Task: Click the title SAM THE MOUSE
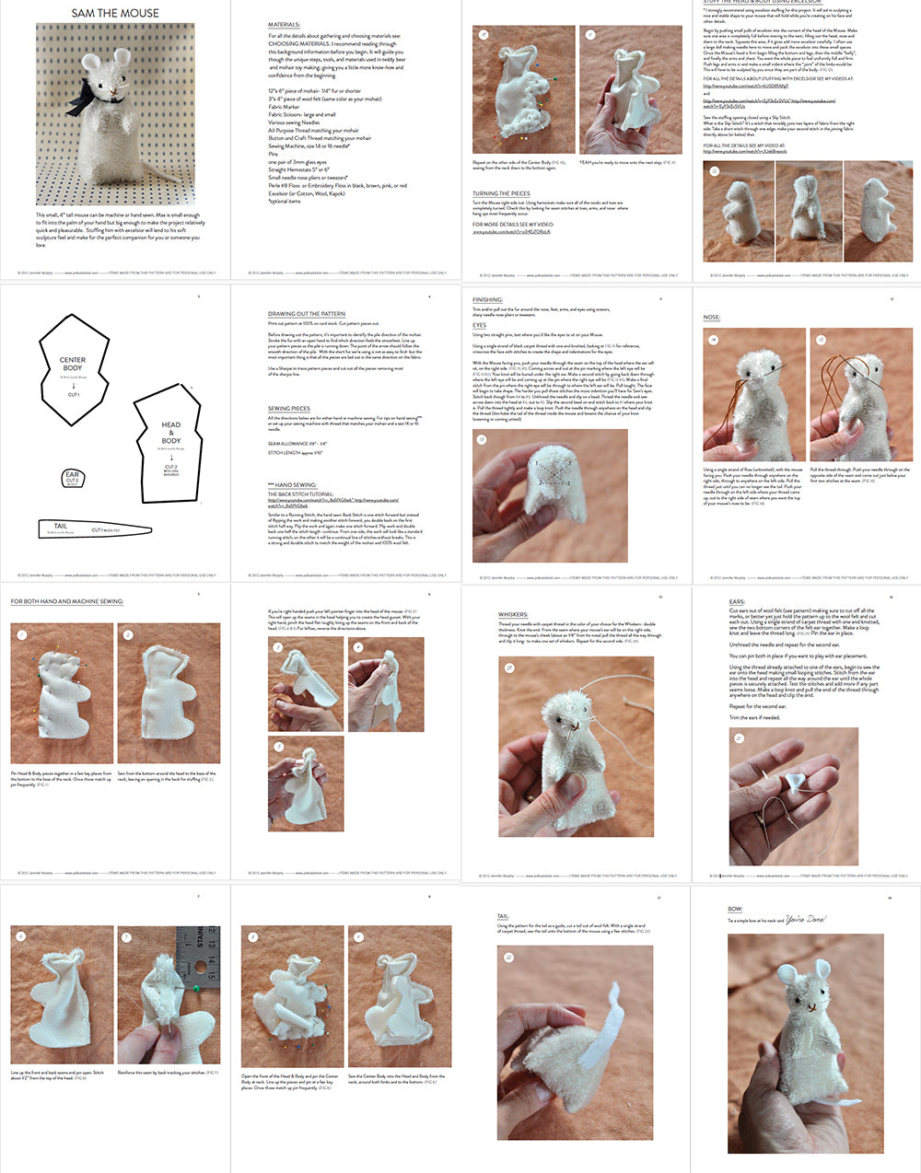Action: [115, 13]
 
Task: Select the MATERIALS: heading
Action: [284, 25]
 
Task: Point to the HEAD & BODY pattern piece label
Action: [170, 433]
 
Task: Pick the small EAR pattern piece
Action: [72, 478]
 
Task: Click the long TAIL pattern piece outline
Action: [92, 529]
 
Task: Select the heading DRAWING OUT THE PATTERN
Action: [306, 314]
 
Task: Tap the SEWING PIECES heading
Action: [288, 408]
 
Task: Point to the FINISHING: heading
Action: [487, 299]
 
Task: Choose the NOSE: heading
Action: [712, 317]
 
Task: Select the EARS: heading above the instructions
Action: [737, 602]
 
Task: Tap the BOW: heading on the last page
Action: [735, 909]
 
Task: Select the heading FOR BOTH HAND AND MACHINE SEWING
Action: [67, 601]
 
